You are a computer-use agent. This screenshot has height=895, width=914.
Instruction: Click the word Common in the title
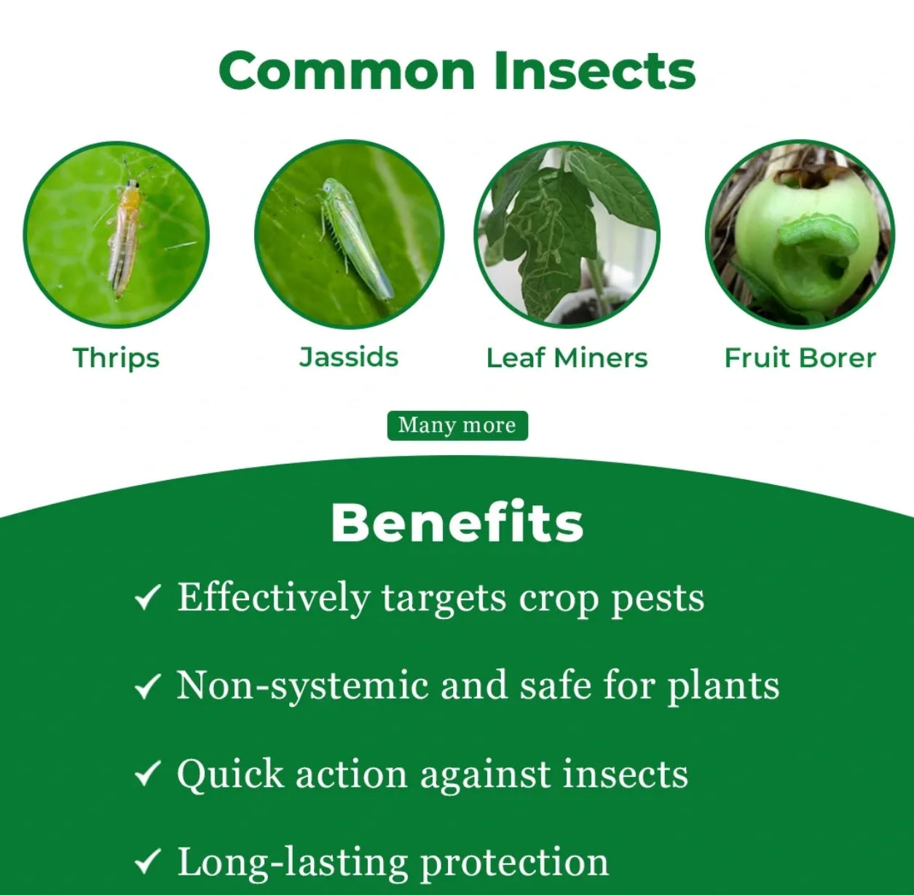point(347,71)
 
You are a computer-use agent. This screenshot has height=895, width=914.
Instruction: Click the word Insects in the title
point(595,71)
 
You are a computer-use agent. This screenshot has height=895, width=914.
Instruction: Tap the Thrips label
point(117,358)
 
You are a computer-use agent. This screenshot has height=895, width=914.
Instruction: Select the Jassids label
point(349,357)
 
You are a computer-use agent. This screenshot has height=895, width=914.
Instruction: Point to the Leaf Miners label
point(567,358)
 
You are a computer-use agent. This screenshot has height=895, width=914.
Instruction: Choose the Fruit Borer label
point(800,358)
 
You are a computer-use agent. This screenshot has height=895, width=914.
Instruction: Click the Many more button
point(457,425)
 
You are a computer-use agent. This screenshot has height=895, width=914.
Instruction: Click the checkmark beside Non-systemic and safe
point(148,686)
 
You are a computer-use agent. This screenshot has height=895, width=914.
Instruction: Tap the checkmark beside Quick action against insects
point(148,773)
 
